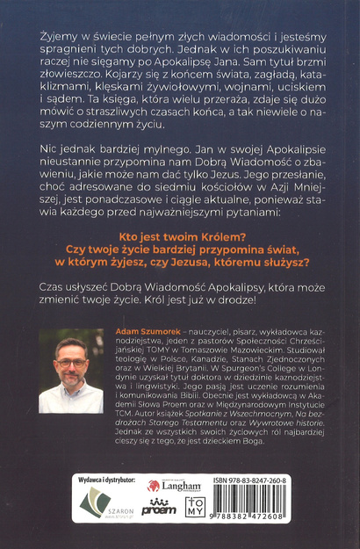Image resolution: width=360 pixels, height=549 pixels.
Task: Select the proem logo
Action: [159, 508]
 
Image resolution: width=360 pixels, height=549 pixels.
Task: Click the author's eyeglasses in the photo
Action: [72, 362]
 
